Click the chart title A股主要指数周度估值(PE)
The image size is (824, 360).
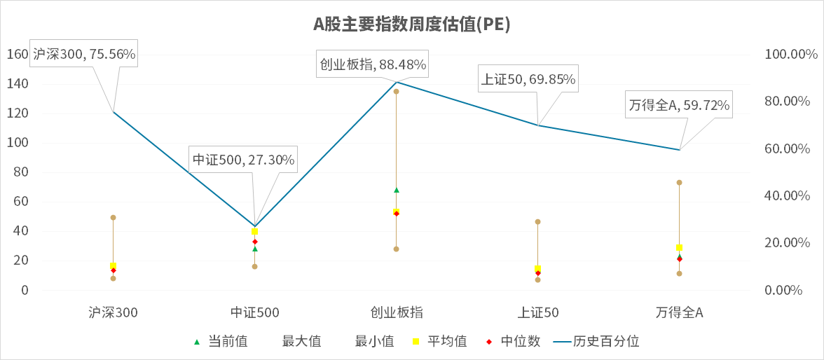(x=411, y=25)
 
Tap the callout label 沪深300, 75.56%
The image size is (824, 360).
(x=84, y=53)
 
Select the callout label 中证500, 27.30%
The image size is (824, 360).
(x=244, y=160)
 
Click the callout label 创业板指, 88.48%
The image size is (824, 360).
(x=373, y=64)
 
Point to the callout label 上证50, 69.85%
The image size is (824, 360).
(x=528, y=79)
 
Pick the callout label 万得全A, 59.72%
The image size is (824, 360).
(x=679, y=106)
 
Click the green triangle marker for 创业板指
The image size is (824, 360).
(x=396, y=190)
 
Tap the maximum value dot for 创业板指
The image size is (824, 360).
(x=396, y=92)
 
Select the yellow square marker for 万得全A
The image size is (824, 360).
(x=679, y=247)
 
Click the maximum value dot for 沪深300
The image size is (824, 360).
(x=113, y=218)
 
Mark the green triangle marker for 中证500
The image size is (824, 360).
(x=254, y=249)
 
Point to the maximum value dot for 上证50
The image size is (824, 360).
(x=537, y=222)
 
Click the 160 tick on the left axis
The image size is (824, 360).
(x=17, y=54)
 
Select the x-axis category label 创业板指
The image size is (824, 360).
(x=396, y=312)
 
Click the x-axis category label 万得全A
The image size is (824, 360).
(x=679, y=312)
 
